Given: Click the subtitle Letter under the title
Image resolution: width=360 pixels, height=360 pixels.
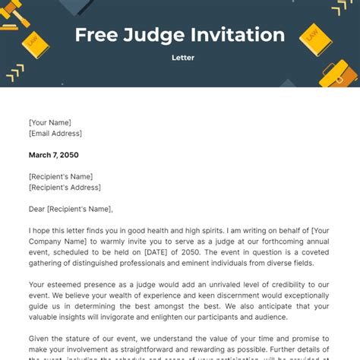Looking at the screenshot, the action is (179, 58).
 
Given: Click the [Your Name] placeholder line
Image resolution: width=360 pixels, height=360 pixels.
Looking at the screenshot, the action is (50, 122).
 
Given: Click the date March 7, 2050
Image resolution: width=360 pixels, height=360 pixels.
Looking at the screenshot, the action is (53, 155).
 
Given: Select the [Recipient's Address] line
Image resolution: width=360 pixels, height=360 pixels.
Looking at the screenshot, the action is (65, 187).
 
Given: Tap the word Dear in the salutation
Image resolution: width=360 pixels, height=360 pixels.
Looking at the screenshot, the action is (38, 209).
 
